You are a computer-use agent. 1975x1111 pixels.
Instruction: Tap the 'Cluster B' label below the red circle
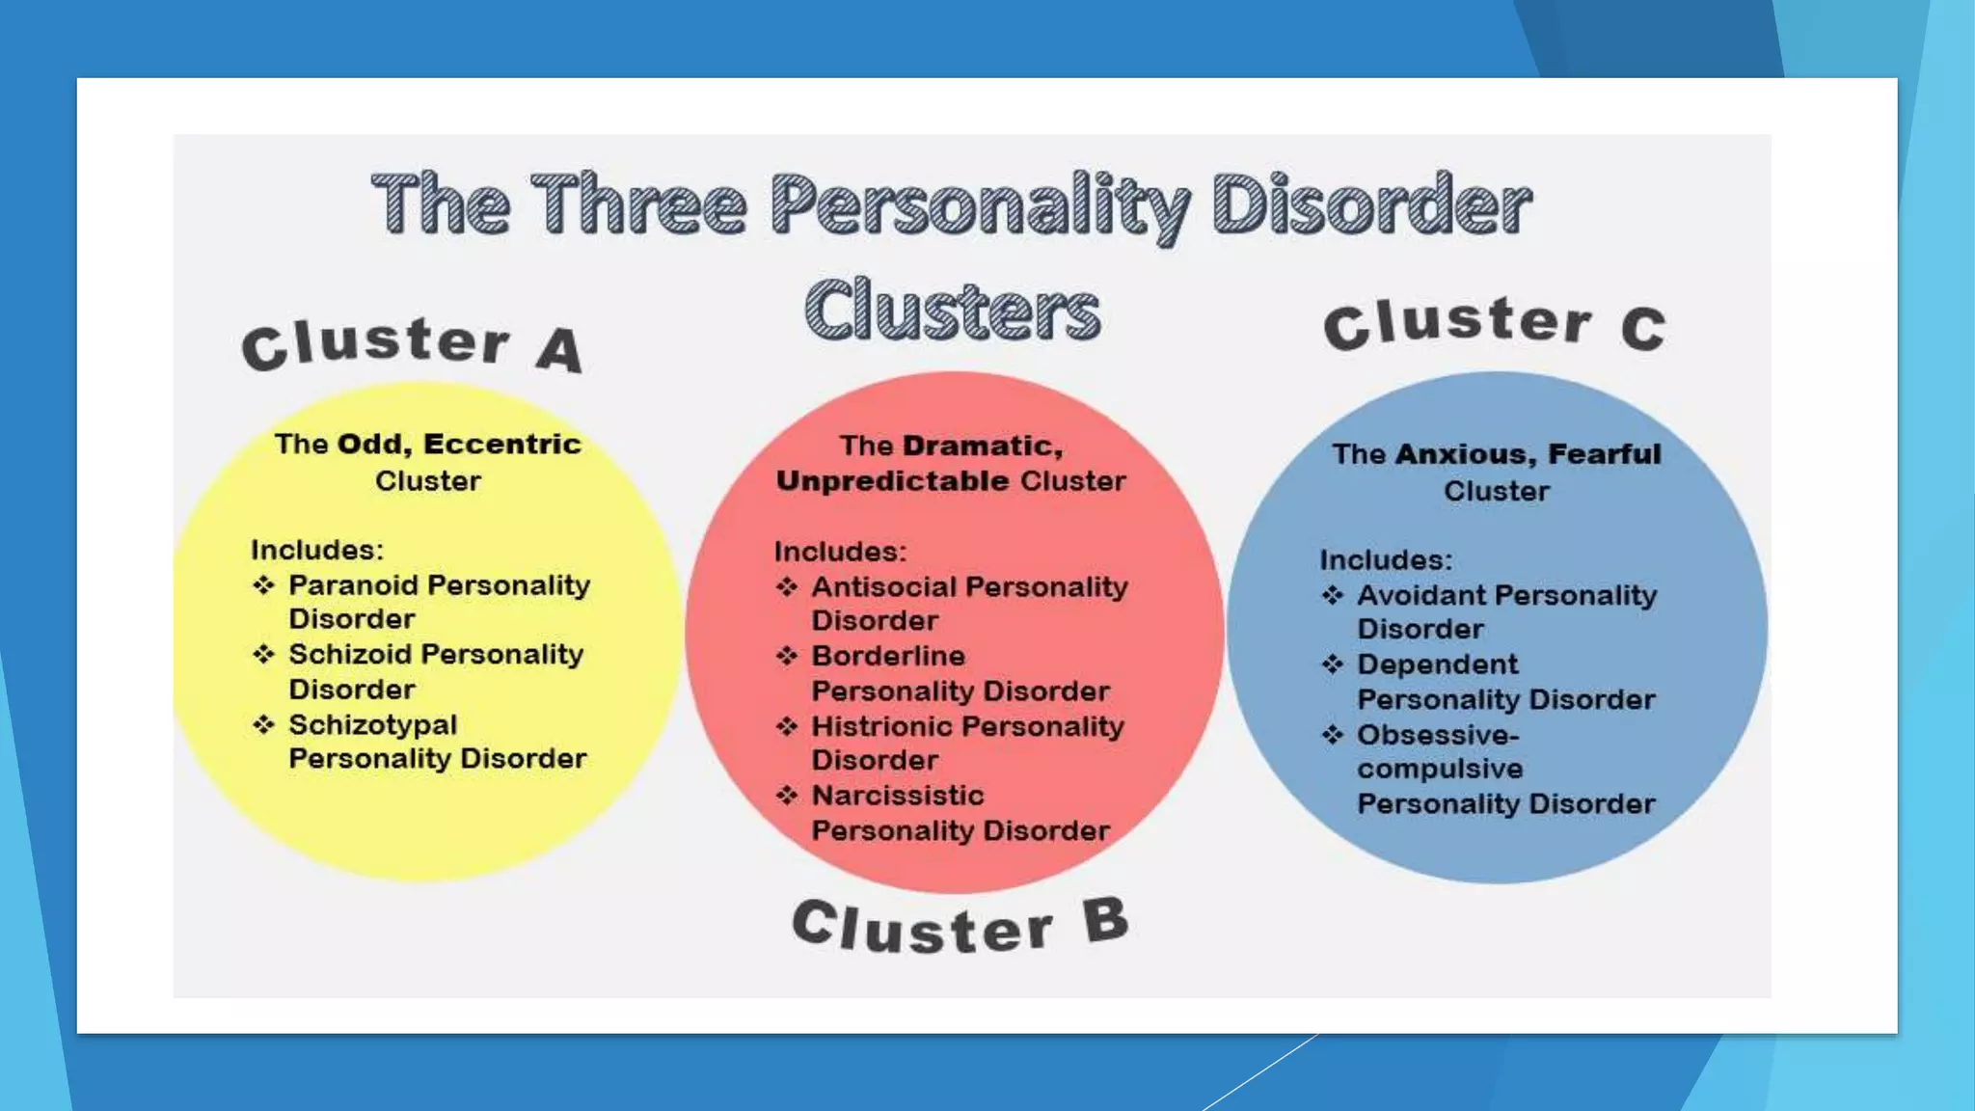960,924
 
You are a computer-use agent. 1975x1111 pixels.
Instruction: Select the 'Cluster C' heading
1494,324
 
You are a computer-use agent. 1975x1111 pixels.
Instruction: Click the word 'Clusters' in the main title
952,310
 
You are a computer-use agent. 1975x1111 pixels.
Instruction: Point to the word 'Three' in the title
638,203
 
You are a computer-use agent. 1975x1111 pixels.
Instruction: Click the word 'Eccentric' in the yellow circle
501,444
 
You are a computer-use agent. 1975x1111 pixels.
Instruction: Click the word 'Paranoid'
353,585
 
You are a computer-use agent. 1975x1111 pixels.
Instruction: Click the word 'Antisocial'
884,586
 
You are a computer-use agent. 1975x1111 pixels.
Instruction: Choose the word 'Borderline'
888,656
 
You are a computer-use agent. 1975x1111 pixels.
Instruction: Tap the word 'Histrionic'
882,726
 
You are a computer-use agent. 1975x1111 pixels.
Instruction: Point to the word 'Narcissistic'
898,796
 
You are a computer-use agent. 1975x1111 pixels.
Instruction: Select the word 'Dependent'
1437,664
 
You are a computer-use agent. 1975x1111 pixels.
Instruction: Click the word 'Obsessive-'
1438,735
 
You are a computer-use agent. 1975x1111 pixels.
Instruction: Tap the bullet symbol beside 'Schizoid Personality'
263,655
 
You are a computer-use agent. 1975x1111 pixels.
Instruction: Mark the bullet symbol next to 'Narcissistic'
787,795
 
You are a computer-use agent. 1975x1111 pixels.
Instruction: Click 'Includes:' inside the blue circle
1386,560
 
